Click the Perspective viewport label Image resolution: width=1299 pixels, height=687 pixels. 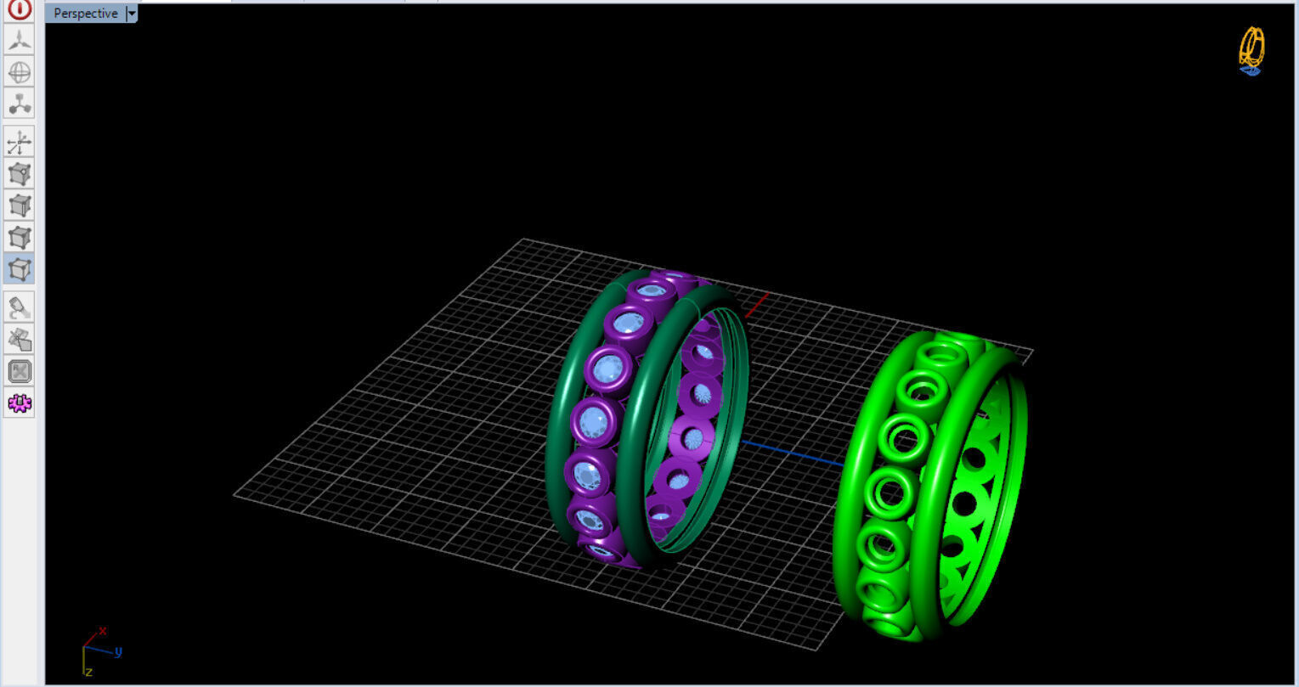85,14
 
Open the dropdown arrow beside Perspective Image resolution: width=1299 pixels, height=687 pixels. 131,14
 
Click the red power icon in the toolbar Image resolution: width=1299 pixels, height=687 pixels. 19,9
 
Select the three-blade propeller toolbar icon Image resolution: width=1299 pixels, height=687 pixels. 19,40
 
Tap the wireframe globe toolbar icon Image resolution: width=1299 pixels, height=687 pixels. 19,72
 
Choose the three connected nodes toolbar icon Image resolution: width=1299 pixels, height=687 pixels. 19,104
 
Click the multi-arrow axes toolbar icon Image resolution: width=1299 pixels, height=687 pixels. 19,142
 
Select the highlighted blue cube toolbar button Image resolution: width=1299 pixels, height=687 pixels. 19,269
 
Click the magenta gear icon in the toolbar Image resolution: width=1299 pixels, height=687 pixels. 19,403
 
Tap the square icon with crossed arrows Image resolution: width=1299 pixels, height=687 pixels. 19,371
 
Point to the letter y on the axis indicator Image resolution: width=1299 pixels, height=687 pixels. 118,652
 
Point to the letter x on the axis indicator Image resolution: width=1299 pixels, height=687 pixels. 103,631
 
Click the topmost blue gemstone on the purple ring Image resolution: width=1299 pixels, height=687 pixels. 652,291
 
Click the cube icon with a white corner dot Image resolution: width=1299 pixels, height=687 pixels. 19,174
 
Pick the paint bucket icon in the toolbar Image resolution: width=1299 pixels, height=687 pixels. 19,307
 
